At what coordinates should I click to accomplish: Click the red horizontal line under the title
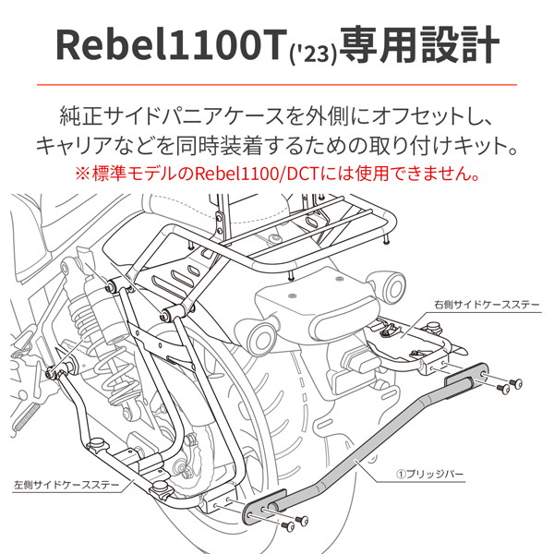pyautogui.click(x=277, y=86)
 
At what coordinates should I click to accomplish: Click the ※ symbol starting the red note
pyautogui.click(x=80, y=173)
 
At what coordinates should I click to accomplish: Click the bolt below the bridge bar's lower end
pyautogui.click(x=288, y=526)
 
